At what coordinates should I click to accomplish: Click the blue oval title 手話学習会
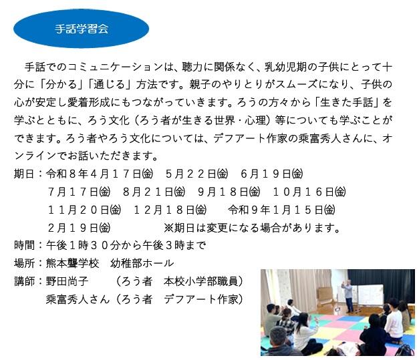point(82,29)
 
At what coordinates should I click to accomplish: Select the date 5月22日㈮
point(196,174)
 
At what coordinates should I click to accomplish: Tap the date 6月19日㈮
point(272,174)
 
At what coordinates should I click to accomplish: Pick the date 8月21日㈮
point(154,192)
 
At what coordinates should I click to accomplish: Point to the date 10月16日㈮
point(309,192)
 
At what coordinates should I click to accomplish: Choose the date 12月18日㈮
point(170,210)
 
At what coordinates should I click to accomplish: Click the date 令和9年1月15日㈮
point(281,210)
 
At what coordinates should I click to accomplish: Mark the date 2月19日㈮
point(79,228)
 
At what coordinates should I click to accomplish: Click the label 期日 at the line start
point(24,174)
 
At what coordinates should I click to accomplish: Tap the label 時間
point(24,245)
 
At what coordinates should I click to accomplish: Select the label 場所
point(24,263)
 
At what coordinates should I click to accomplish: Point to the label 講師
point(24,281)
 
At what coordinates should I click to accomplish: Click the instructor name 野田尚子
point(67,281)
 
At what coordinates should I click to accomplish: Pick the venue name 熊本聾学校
point(72,263)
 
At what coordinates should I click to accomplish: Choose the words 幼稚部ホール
point(142,263)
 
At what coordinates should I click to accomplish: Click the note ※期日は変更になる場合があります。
point(252,228)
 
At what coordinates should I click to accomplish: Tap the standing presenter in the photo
point(348,296)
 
